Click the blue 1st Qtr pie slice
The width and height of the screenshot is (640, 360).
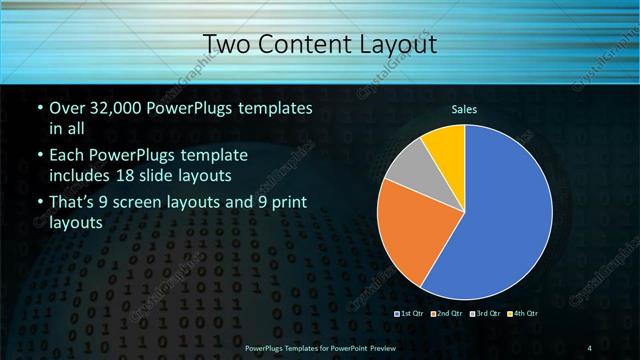[505, 220]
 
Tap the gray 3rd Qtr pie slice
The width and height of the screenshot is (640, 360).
[410, 166]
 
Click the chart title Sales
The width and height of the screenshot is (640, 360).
[464, 108]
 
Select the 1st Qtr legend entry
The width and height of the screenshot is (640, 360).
[412, 313]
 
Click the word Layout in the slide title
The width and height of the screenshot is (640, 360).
[399, 44]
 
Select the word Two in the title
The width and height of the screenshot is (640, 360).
[226, 44]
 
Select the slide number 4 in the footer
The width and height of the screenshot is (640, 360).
[590, 347]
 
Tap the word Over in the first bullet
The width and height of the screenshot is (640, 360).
[66, 107]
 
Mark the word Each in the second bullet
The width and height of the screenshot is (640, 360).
[67, 157]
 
